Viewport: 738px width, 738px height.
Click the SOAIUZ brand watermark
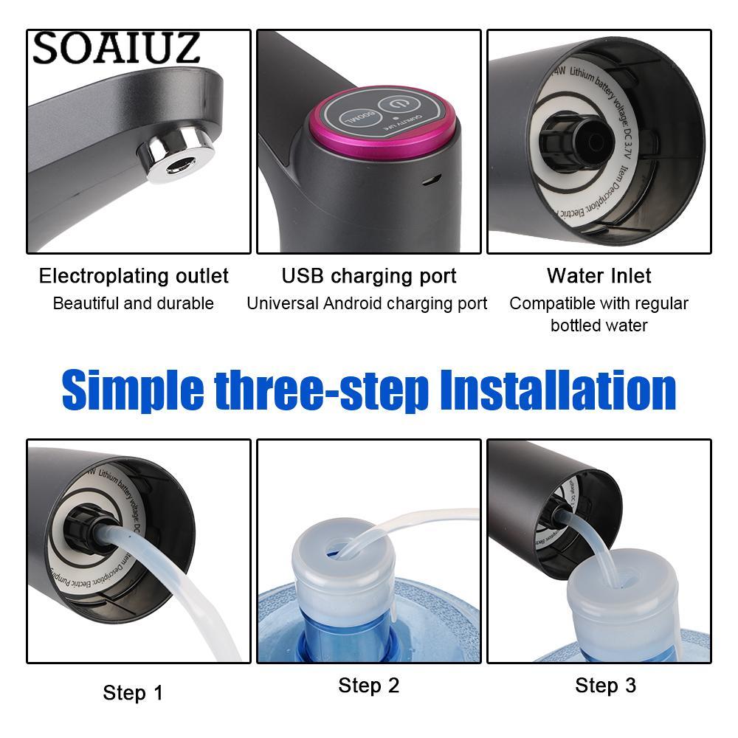(116, 48)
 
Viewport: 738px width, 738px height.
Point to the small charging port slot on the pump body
(435, 179)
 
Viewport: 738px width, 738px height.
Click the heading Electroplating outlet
(134, 276)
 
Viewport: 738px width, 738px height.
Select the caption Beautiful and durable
(134, 303)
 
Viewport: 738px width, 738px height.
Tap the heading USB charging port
(368, 276)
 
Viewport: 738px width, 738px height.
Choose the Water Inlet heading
(599, 276)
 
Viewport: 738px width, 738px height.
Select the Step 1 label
(133, 693)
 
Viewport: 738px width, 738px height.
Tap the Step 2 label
(368, 686)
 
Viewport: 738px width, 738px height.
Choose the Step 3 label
(604, 686)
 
